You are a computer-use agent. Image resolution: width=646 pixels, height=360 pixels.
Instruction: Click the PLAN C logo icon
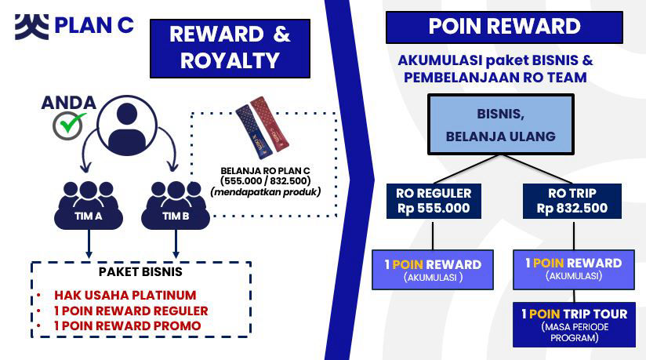click(31, 27)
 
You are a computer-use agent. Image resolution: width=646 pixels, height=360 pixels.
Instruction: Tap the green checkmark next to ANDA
click(72, 122)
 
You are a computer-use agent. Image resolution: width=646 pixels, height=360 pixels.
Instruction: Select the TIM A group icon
click(89, 205)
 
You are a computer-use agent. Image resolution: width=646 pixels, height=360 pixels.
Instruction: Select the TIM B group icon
click(176, 205)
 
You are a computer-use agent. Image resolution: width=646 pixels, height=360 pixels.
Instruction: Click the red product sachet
click(270, 123)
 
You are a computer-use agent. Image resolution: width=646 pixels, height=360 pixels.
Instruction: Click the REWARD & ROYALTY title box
click(230, 49)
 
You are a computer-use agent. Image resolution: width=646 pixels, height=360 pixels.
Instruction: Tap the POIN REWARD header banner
click(504, 27)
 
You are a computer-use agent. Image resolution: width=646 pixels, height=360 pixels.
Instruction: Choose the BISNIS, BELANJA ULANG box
click(501, 125)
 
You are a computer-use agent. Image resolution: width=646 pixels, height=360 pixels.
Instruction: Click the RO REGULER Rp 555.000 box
click(434, 201)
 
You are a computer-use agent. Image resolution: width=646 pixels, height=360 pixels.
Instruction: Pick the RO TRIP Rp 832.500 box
click(572, 201)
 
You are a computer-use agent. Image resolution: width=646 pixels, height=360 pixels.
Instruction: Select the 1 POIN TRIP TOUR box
click(574, 325)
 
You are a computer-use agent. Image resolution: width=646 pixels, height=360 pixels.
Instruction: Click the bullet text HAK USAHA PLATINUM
click(125, 295)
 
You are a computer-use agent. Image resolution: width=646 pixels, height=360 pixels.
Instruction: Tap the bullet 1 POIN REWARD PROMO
click(128, 325)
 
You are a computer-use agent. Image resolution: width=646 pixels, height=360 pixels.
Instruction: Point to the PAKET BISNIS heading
click(140, 271)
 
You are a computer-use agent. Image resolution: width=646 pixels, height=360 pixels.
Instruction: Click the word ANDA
click(69, 103)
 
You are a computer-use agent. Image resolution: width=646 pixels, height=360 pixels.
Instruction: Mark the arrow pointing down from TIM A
click(89, 244)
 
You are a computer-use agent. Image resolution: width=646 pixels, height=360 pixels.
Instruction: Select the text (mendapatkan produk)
click(265, 191)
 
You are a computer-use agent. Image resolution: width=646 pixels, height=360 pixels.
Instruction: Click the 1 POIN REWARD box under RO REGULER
click(433, 270)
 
